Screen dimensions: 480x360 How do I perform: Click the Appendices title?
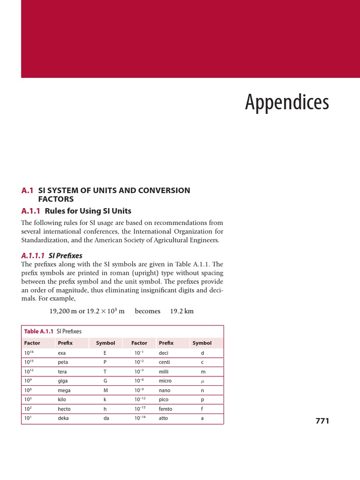287,103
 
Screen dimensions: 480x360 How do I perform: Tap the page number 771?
322,421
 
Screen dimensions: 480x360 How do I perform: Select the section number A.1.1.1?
33,255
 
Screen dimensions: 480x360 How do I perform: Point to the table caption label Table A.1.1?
38,331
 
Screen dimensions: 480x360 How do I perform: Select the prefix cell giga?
63,381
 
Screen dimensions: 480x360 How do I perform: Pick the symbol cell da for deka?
106,418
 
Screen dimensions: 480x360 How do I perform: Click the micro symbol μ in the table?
202,381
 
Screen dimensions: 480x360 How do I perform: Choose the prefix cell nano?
165,390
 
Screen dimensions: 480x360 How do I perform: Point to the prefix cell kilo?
62,400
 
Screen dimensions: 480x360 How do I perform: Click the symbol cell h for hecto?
105,409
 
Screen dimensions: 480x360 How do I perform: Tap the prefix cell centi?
165,362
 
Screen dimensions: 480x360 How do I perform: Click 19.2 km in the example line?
182,311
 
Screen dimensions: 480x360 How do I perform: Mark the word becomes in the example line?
147,311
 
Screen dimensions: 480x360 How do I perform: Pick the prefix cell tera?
62,372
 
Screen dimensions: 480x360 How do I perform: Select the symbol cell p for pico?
202,400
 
